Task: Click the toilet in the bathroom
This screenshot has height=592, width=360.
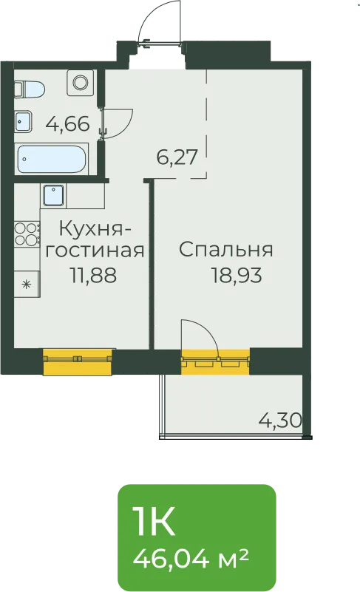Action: click(30, 89)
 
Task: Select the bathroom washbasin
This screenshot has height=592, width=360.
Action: click(24, 121)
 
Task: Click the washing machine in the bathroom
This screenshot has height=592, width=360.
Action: click(80, 83)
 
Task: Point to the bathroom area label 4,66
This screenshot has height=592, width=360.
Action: click(68, 124)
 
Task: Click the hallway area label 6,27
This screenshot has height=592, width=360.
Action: click(177, 157)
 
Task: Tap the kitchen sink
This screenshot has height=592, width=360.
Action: click(54, 195)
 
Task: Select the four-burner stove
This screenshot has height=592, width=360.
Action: click(27, 234)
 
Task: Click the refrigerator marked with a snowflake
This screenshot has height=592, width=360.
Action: click(27, 285)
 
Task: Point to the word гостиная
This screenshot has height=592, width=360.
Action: click(95, 251)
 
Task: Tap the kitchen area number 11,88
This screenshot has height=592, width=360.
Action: click(93, 275)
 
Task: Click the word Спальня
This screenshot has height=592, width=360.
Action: click(226, 250)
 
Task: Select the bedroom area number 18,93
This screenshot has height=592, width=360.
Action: click(237, 275)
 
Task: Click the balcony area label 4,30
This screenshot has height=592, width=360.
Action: click(280, 420)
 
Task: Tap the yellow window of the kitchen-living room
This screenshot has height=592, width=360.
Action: click(78, 362)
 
